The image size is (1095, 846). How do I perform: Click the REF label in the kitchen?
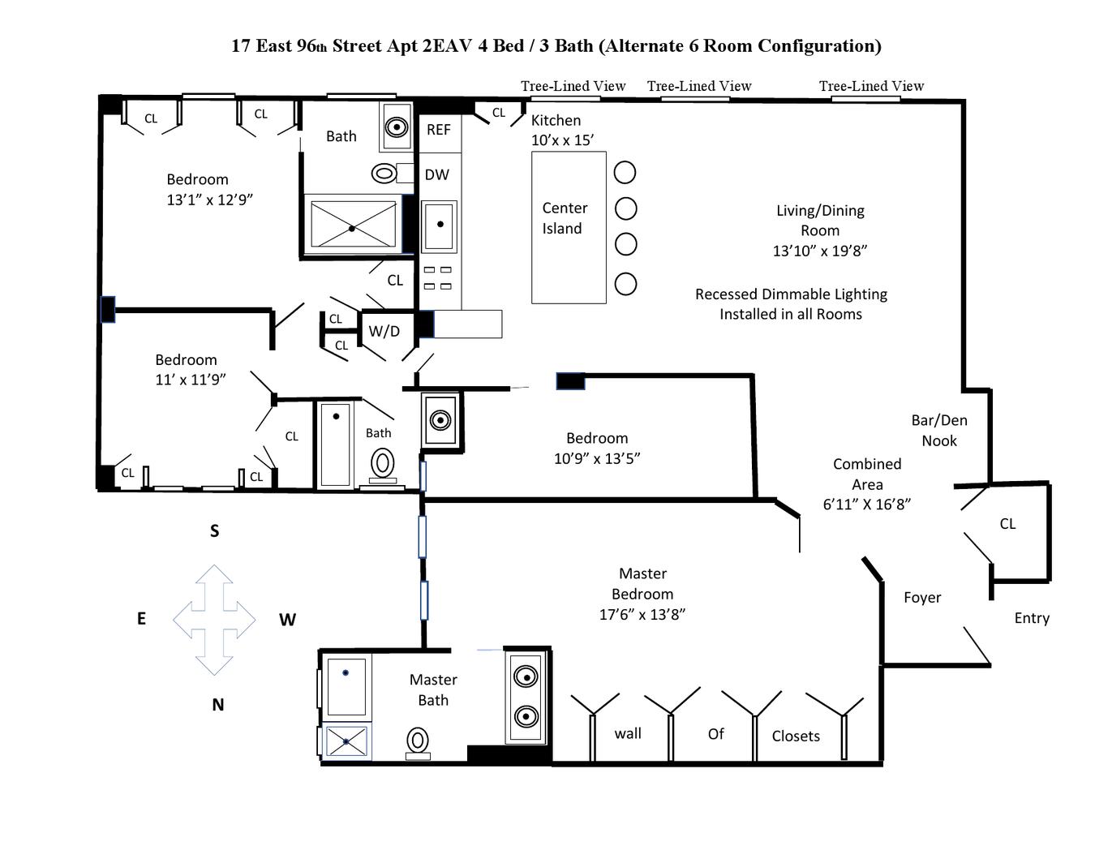coord(438,130)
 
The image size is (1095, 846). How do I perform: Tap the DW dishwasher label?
coord(436,174)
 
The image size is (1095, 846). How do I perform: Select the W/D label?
coord(384,331)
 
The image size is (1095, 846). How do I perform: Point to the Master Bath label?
coord(433,689)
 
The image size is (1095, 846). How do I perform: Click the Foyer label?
coord(922,598)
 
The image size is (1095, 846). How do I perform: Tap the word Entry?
coord(1032,618)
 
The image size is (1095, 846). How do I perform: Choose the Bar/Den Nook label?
coord(939,431)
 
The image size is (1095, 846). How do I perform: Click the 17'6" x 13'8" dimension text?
coord(642,614)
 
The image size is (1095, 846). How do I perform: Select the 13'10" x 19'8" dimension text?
coord(820,251)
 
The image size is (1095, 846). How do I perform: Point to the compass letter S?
coord(215,531)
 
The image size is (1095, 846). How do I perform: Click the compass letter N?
coord(217,705)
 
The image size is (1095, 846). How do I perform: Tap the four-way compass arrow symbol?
coord(214,620)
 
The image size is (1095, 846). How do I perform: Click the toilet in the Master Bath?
coord(418,742)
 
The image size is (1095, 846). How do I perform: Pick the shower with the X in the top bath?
coord(353,224)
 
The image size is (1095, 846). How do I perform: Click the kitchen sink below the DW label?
coord(440,225)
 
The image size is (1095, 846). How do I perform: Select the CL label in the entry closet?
coord(1007,524)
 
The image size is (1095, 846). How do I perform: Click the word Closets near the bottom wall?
coord(796,736)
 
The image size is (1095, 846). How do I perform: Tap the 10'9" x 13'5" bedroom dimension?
coord(597,458)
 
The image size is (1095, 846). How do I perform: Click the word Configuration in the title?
coord(818,45)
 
